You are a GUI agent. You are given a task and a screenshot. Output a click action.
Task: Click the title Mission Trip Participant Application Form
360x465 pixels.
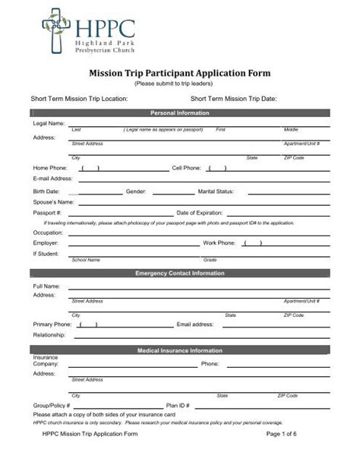point(180,74)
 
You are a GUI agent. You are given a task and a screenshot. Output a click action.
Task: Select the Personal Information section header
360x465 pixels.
point(180,113)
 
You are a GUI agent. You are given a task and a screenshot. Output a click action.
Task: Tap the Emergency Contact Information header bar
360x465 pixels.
point(180,273)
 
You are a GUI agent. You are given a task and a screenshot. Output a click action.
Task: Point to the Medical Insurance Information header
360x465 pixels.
point(180,351)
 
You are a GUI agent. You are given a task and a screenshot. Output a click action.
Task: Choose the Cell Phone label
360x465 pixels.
point(186,167)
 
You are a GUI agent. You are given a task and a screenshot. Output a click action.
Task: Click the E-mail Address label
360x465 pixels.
point(52,179)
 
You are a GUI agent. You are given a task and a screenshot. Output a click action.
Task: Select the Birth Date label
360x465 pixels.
point(46,191)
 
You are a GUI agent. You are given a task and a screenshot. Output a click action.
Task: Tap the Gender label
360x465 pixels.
point(136,191)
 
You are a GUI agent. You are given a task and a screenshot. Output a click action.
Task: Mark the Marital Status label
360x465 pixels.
point(216,191)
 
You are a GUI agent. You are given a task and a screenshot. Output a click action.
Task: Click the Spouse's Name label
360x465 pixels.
point(53,202)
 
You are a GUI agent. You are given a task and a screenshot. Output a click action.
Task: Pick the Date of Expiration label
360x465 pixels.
point(199,214)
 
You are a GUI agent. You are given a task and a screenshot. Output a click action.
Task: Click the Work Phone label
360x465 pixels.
point(219,243)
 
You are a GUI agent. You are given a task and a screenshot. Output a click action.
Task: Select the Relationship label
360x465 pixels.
point(49,334)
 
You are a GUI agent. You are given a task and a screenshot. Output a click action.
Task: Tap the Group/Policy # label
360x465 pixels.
point(52,406)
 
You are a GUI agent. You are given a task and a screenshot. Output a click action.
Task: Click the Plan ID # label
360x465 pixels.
point(178,406)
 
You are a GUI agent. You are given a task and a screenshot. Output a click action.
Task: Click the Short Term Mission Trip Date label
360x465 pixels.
point(233,99)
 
